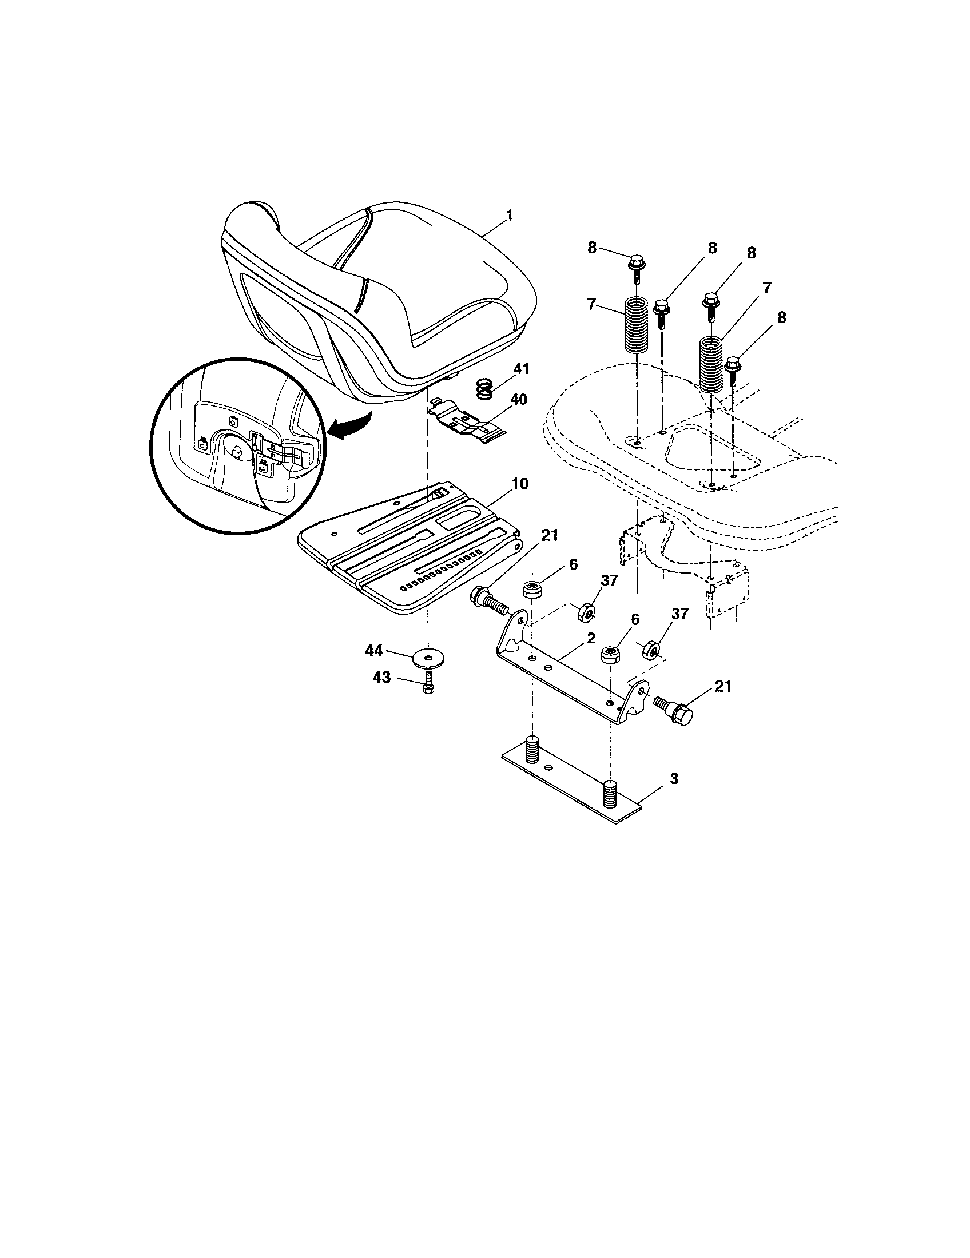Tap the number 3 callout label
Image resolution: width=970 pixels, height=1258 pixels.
coord(674,779)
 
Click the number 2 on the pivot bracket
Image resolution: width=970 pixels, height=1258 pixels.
coord(590,638)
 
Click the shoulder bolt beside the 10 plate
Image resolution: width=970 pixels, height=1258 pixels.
coord(488,600)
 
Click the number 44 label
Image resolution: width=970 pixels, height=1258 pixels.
coord(374,651)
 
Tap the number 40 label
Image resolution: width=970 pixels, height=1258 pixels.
coord(518,399)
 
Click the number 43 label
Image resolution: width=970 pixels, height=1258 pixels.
coord(381,678)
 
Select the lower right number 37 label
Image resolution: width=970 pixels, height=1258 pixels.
coord(680,615)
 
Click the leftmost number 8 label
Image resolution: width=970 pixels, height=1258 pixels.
coord(591,248)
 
